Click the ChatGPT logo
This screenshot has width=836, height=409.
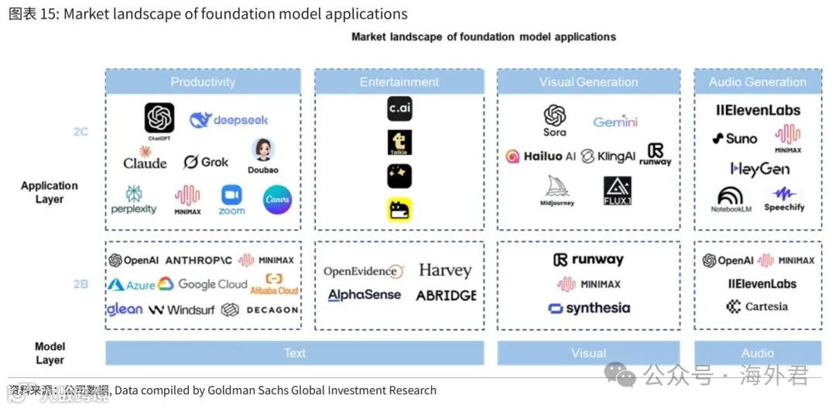tap(159, 119)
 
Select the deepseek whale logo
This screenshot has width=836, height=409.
tap(201, 120)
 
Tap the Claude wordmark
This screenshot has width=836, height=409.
tap(145, 163)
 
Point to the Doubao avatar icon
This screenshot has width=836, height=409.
tap(263, 150)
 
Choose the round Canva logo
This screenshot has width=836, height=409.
tap(277, 200)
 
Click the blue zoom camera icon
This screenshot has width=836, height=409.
tap(231, 194)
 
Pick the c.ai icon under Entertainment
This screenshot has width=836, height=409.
tap(399, 108)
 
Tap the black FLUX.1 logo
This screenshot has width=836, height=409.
tap(617, 191)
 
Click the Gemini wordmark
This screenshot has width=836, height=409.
tap(615, 122)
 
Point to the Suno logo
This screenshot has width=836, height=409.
tap(735, 139)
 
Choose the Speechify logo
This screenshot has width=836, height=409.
tap(784, 199)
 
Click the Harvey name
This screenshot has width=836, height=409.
tap(445, 270)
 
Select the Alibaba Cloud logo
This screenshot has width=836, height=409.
tap(274, 284)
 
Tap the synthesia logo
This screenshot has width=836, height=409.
tap(589, 308)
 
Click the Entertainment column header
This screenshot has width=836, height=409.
tap(399, 82)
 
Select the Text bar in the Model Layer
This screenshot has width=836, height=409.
tap(294, 353)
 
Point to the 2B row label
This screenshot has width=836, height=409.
tap(81, 284)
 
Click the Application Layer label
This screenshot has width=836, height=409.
tap(50, 192)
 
